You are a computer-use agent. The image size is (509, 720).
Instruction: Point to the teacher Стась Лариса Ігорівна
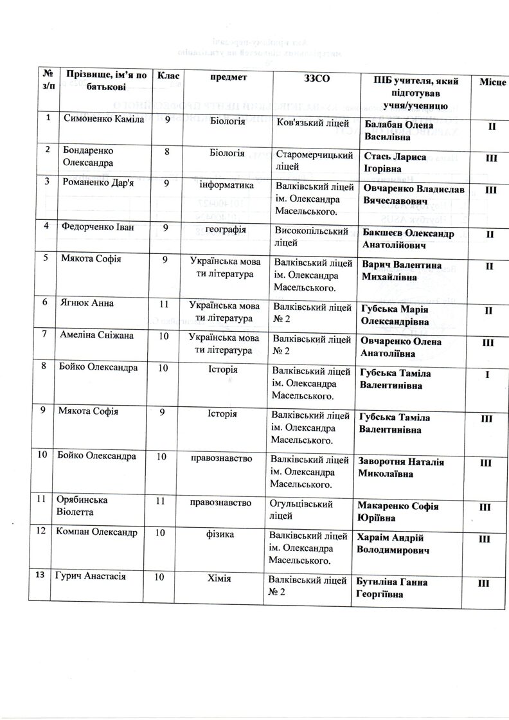click(x=398, y=159)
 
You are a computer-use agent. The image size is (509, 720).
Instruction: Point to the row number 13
click(x=41, y=576)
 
